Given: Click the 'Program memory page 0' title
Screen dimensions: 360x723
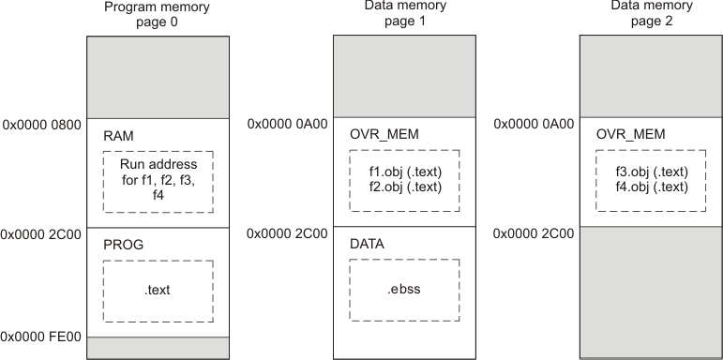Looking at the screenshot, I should coord(157,15).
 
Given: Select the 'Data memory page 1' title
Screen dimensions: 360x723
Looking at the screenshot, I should coord(404,15).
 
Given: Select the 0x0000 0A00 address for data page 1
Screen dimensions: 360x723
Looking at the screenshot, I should coord(288,124).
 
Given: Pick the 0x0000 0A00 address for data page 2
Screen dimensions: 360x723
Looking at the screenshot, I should coord(534,124).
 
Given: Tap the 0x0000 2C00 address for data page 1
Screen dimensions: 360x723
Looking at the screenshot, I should coord(288,232).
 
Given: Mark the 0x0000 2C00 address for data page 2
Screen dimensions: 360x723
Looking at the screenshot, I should coord(534,232).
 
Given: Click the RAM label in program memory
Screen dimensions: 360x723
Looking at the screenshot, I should coord(119,136).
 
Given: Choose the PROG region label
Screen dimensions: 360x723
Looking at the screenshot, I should coord(123,244).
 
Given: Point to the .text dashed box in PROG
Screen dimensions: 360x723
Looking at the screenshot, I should coord(158,292).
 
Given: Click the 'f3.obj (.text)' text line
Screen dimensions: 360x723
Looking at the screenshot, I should coord(652,172).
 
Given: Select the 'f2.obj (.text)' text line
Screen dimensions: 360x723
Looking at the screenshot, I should coord(404,187).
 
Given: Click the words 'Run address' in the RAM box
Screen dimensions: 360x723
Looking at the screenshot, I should coord(158,164).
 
